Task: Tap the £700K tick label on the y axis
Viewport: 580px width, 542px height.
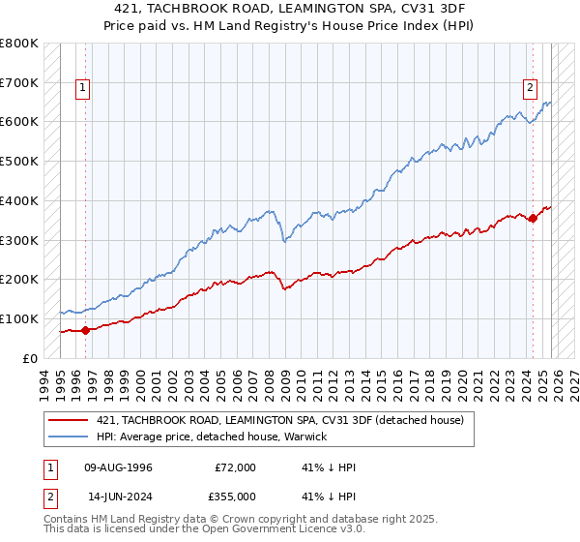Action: coord(19,83)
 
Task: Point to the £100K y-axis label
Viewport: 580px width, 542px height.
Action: coord(19,318)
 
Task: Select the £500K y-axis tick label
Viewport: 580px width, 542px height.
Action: coord(19,162)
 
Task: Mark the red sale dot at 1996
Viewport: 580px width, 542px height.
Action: coord(85,330)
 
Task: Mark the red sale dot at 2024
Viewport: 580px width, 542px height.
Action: coord(533,219)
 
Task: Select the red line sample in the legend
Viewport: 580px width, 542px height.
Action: coord(68,420)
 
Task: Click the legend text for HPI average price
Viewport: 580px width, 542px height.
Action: coord(212,437)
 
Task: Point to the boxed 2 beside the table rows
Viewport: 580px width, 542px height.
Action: coord(49,496)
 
